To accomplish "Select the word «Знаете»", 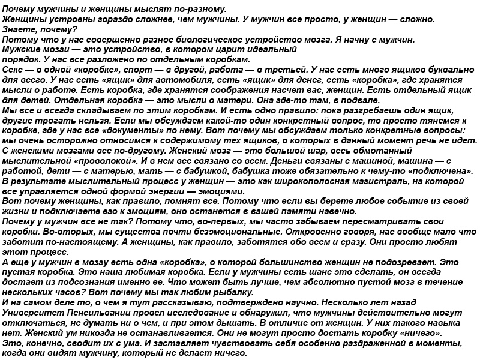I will [x=20, y=29].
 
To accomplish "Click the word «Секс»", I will [x=13, y=70].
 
